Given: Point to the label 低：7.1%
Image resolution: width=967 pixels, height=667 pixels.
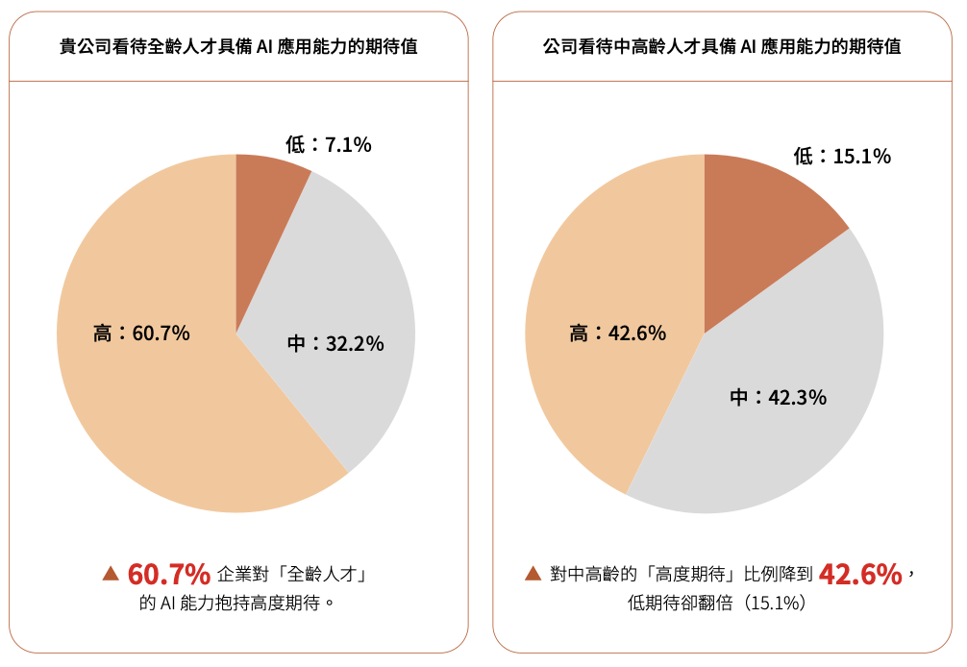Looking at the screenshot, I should pos(328,145).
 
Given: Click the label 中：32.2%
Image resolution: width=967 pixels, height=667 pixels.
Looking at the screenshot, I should pos(335,343).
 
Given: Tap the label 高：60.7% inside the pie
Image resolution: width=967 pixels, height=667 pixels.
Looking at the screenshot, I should pos(141,333).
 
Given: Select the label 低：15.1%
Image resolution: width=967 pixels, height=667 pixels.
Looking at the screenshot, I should pos(842,156).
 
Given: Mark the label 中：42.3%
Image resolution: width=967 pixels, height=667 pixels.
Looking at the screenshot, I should pos(778,397).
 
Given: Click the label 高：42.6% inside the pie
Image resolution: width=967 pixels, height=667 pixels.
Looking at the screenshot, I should pos(617,333).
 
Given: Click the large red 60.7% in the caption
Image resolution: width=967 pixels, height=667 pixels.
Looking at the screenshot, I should pos(169,575).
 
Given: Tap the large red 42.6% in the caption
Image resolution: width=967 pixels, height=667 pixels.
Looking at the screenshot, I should pos(860,575).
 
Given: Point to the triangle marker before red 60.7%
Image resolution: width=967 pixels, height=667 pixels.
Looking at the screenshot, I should pos(111,574).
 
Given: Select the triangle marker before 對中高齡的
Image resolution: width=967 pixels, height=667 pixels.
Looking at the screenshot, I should pos(533,574).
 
